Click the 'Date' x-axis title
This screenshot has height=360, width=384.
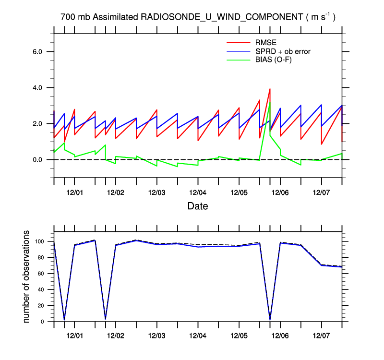pos(198,206)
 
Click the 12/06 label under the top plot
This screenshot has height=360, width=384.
pos(280,192)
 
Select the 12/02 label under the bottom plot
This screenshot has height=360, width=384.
pos(116,334)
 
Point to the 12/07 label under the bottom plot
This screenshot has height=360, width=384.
pos(321,334)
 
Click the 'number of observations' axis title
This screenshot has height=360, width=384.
pos(28,276)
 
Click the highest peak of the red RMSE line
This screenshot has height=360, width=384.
pos(270,89)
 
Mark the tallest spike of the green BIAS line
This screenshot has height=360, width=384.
pos(270,101)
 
